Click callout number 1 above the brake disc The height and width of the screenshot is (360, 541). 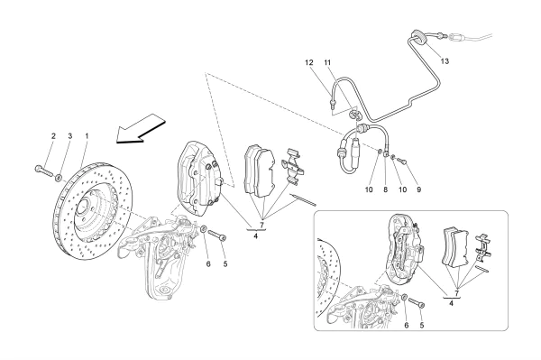click(87, 136)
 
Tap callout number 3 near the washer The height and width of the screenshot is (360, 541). click(69, 136)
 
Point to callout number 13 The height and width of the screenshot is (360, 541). click(445, 60)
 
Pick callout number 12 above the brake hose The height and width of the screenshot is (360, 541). click(308, 62)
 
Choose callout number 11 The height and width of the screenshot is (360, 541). click(329, 62)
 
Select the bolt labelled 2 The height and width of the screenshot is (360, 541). click(42, 169)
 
